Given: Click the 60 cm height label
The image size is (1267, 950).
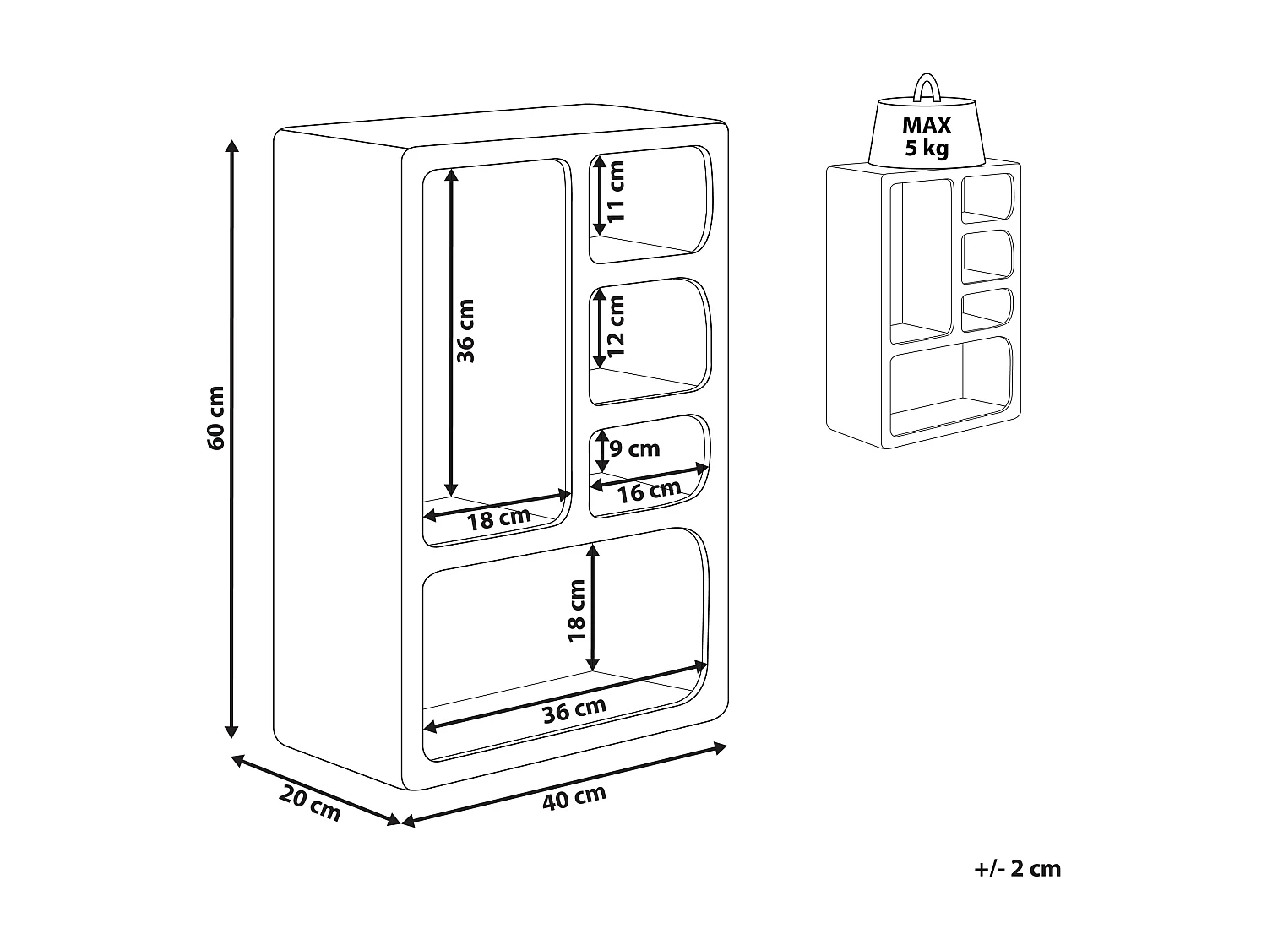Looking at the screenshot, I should (x=216, y=417).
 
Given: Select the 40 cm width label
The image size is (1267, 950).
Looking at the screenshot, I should (x=574, y=796).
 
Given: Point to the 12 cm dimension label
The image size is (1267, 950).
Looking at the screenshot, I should (x=617, y=324).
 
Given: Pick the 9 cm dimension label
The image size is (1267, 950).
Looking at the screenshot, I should (x=634, y=448).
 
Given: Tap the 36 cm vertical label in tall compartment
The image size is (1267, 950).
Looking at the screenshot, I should (x=465, y=331).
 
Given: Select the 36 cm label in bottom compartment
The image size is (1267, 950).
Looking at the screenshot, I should (x=574, y=709).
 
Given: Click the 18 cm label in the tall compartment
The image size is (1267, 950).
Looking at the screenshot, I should (x=499, y=518).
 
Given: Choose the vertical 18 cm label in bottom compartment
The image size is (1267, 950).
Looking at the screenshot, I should (x=578, y=610).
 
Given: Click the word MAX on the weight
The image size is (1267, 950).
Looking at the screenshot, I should (x=927, y=126).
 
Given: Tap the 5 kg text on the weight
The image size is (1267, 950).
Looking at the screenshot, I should (x=927, y=149).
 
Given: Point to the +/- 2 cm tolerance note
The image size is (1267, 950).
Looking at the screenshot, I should (x=1017, y=868).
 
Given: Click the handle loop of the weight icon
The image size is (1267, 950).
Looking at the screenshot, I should (x=927, y=87).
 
